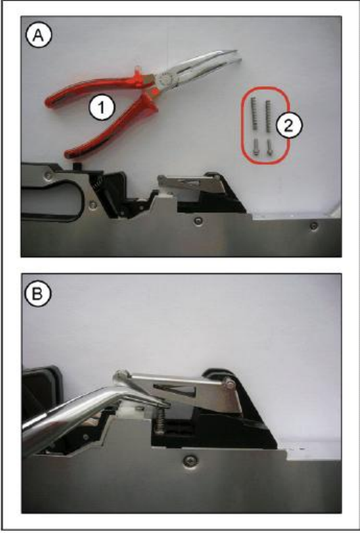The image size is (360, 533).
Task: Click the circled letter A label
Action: pos(38,36)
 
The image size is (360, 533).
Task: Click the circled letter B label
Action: pos(38,294)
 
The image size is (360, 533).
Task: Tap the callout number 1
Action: pos(102,108)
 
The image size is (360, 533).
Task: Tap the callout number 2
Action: pos(288,126)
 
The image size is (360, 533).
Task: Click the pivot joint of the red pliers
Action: pos(165,79)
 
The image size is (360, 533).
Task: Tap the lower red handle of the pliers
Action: pos(112,129)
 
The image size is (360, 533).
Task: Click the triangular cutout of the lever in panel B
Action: pos(175,390)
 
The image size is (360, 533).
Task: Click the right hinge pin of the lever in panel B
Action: pos(230,385)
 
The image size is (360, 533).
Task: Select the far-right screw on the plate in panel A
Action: pos(315,224)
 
